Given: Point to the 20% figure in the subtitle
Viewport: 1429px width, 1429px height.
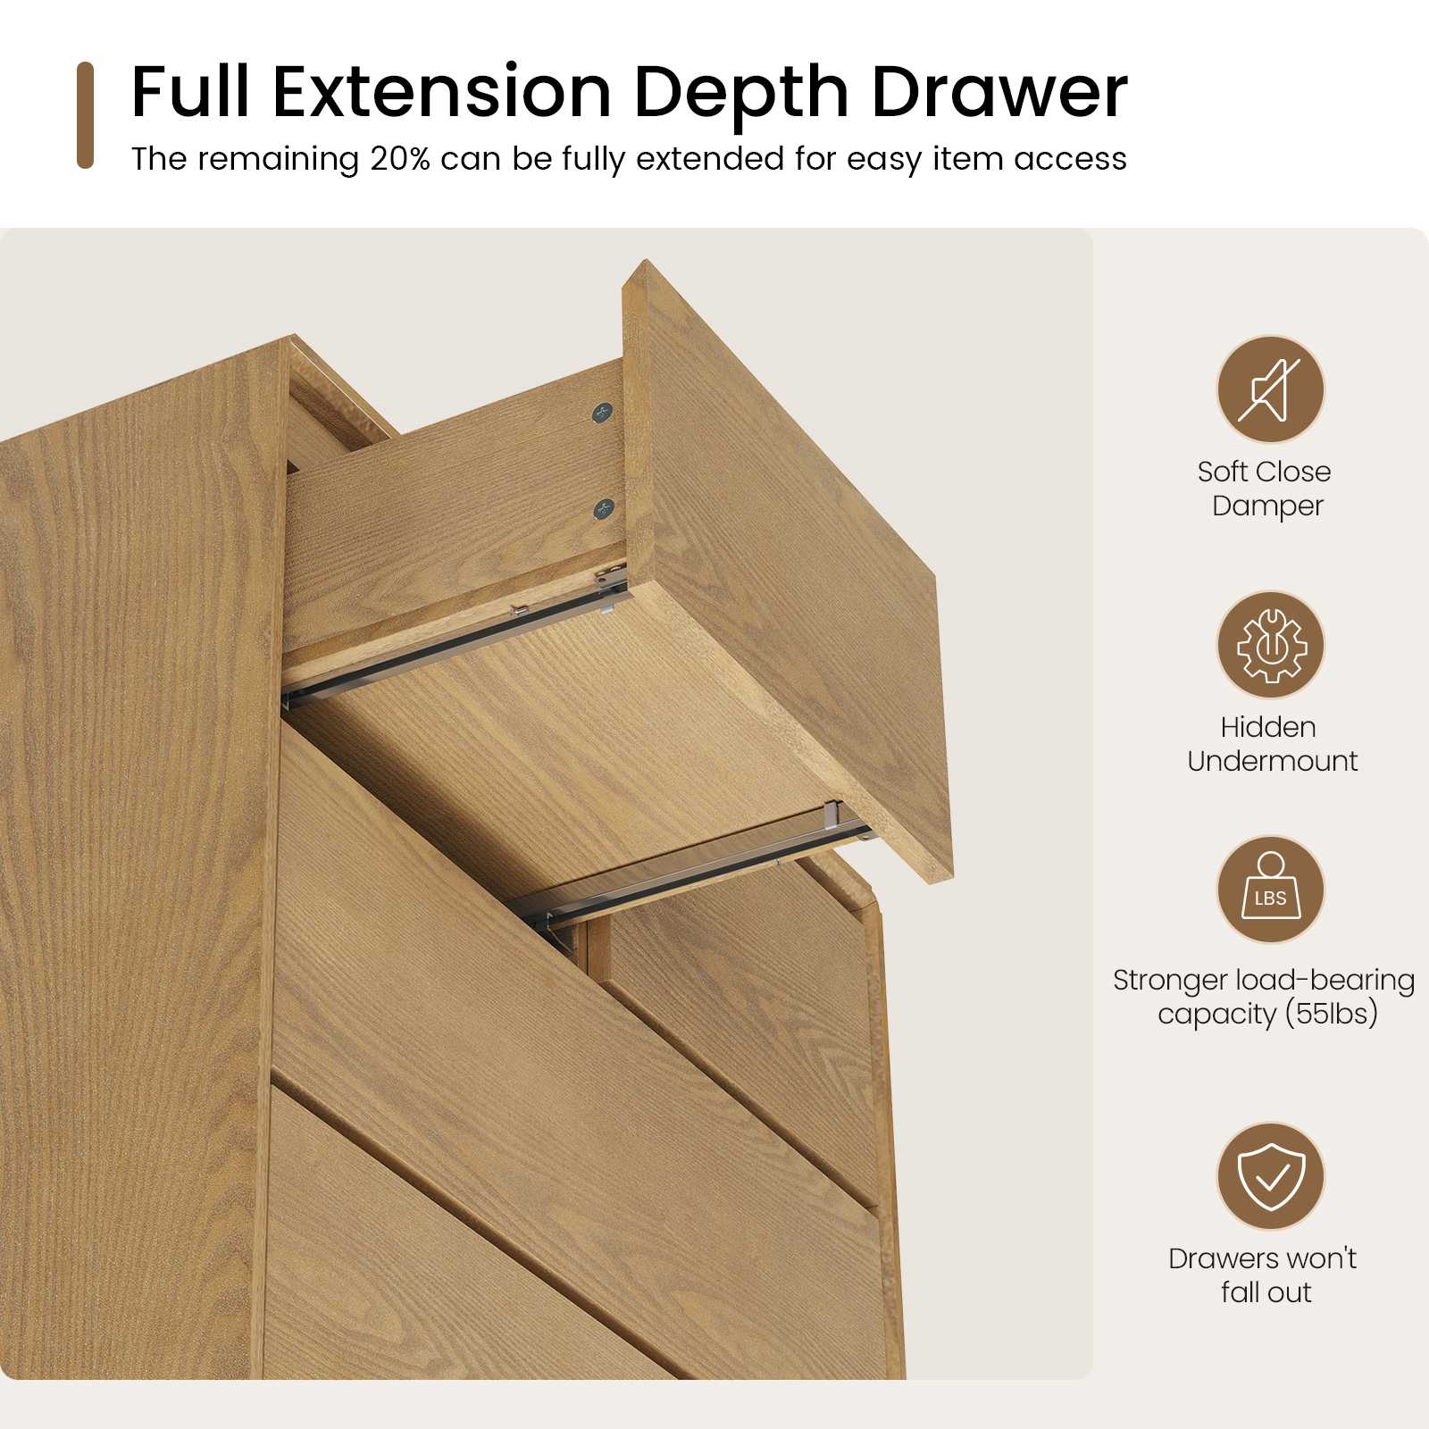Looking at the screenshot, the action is (400, 159).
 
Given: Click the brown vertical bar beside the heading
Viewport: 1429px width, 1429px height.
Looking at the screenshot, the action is (86, 114).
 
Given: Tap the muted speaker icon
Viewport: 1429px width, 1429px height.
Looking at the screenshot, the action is (1270, 389).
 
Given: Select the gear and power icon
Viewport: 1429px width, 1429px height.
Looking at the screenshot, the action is (1270, 645).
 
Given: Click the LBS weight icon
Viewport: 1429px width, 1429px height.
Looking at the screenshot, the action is (1270, 890).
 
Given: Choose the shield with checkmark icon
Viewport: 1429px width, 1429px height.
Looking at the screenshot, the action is (1270, 1177).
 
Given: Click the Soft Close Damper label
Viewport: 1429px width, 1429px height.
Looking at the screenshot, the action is (1266, 489).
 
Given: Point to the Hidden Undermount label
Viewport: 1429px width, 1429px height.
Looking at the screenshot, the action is (1272, 744).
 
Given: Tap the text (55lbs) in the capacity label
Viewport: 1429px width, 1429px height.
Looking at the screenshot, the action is (1332, 1015).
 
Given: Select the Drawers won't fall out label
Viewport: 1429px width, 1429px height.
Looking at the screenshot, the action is (1263, 1275).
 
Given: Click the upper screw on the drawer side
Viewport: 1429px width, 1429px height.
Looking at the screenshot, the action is (604, 413).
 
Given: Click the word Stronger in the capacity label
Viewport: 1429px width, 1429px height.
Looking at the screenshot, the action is (1170, 981).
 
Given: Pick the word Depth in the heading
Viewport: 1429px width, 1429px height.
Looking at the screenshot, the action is (741, 93).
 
